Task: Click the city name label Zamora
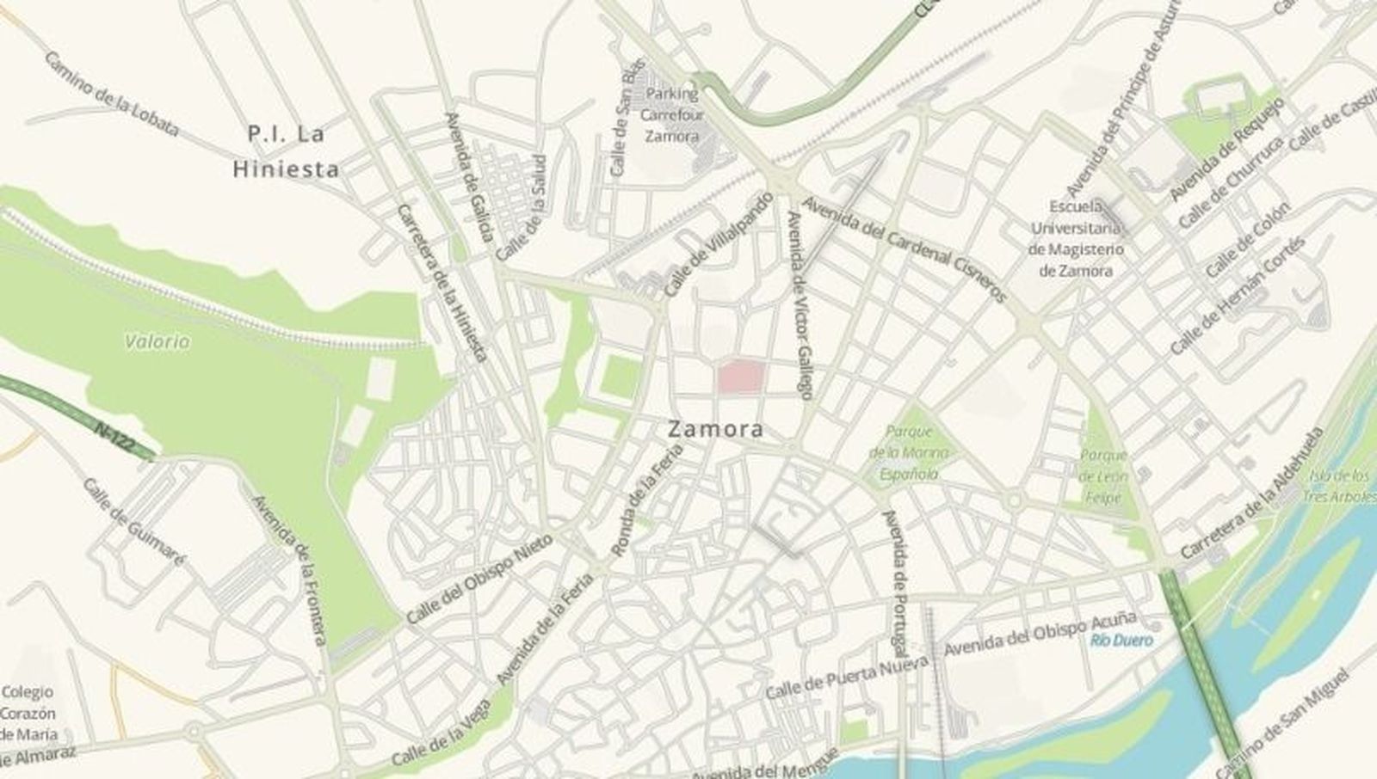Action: pyautogui.click(x=716, y=429)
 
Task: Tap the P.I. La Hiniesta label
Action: pyautogui.click(x=286, y=152)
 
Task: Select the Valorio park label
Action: pyautogui.click(x=157, y=342)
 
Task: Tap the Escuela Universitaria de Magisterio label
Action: pyautogui.click(x=1076, y=239)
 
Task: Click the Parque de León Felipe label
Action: pyautogui.click(x=1103, y=476)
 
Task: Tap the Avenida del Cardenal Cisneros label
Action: pyautogui.click(x=905, y=249)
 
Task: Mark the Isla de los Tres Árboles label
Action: pyautogui.click(x=1339, y=487)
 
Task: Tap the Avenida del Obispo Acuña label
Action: pyautogui.click(x=1040, y=636)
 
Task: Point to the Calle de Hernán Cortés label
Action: pyautogui.click(x=1238, y=295)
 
